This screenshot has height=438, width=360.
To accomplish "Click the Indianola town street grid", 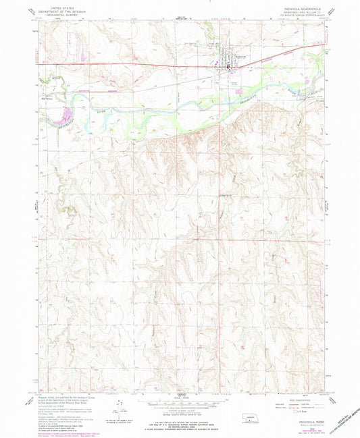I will [224, 63].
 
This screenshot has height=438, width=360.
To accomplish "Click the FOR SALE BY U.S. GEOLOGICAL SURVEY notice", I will [180, 418].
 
